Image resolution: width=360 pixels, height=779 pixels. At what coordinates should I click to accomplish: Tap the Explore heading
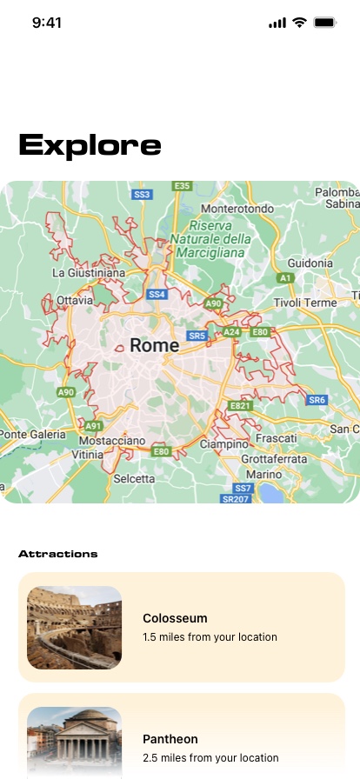click(x=90, y=145)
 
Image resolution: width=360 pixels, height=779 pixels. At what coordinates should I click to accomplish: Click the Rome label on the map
click(x=155, y=345)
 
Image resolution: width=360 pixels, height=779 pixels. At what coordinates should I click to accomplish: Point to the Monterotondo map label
click(x=237, y=210)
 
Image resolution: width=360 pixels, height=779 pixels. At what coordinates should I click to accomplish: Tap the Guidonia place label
click(x=310, y=263)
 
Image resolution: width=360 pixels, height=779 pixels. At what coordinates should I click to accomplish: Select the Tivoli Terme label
click(x=304, y=303)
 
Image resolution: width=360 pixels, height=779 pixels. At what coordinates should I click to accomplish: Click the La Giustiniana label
click(x=89, y=272)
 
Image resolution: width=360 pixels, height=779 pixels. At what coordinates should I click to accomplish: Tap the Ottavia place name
click(x=74, y=301)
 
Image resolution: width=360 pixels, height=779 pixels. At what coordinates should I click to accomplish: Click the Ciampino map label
click(x=224, y=443)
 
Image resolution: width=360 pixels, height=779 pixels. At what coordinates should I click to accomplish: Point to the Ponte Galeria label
click(x=32, y=434)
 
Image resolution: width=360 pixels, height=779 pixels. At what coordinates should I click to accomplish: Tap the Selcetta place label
click(x=134, y=479)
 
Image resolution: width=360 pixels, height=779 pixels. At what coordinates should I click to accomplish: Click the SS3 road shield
click(x=142, y=194)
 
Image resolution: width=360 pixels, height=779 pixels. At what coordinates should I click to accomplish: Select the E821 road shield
click(x=240, y=406)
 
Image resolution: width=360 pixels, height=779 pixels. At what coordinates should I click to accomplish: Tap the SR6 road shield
click(x=317, y=400)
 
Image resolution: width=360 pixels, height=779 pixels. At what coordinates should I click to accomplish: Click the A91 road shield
click(x=94, y=426)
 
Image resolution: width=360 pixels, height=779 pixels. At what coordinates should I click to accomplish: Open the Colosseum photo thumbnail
click(x=74, y=628)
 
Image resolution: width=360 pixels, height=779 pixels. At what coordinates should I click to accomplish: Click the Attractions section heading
click(x=58, y=554)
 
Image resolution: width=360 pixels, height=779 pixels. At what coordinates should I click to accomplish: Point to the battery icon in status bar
click(x=325, y=23)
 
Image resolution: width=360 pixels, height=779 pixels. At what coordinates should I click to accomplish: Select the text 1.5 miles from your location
click(x=210, y=637)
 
